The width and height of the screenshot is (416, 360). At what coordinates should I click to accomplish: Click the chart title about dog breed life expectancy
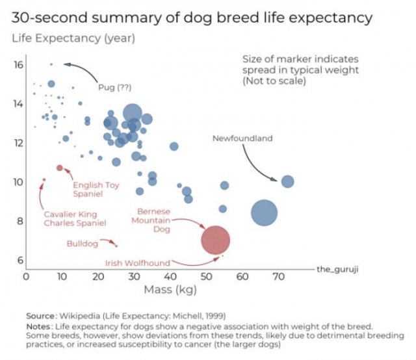192,17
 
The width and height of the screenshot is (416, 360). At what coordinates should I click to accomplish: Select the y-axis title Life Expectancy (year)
73,38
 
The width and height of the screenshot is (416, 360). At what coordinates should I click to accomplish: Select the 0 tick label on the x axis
26,277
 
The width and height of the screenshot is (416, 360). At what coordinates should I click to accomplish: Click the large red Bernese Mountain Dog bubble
216,239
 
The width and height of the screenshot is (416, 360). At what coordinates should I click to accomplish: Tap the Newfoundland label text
242,138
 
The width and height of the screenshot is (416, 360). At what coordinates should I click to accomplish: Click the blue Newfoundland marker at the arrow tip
287,181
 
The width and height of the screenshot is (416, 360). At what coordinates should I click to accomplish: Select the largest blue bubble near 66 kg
264,212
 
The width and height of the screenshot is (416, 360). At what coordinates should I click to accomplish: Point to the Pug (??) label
114,87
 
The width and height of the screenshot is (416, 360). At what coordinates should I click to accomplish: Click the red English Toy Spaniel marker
60,168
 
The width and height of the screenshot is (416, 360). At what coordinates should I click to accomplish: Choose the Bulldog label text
82,244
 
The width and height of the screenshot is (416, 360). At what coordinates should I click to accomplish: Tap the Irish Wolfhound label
137,263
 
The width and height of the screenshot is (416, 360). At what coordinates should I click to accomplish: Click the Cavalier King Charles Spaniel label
74,218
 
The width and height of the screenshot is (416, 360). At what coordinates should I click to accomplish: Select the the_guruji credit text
337,268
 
